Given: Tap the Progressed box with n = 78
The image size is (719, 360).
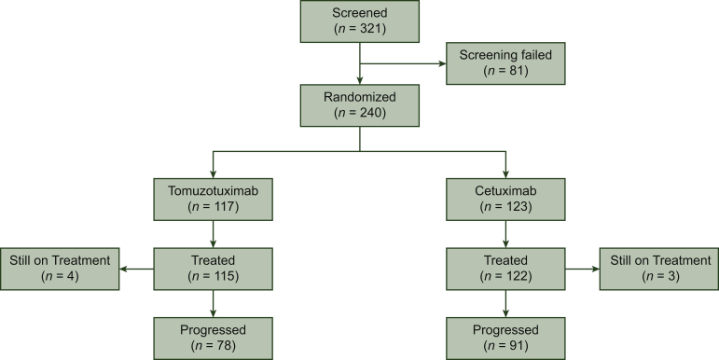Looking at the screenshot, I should (214, 339).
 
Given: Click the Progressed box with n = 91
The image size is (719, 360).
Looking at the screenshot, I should (505, 339).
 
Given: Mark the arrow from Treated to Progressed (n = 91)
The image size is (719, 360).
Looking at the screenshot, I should (505, 302).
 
